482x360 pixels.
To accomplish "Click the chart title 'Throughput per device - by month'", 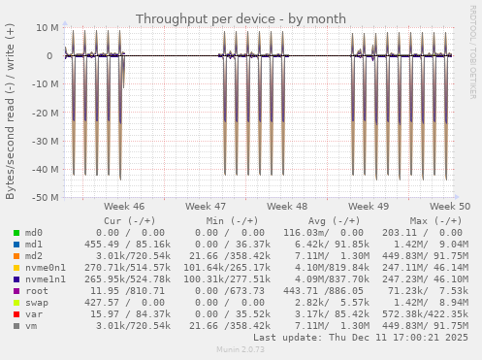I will coord(241,18).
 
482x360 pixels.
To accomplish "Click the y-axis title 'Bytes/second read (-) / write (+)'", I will coord(11,113).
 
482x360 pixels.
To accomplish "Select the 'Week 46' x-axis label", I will coord(124,207).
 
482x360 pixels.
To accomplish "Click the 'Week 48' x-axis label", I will coord(287,207).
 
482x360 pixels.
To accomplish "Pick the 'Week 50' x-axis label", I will coord(450,207).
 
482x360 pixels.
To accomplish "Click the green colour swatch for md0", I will coord(16,233).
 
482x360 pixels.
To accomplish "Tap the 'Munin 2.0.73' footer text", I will coord(241,350).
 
